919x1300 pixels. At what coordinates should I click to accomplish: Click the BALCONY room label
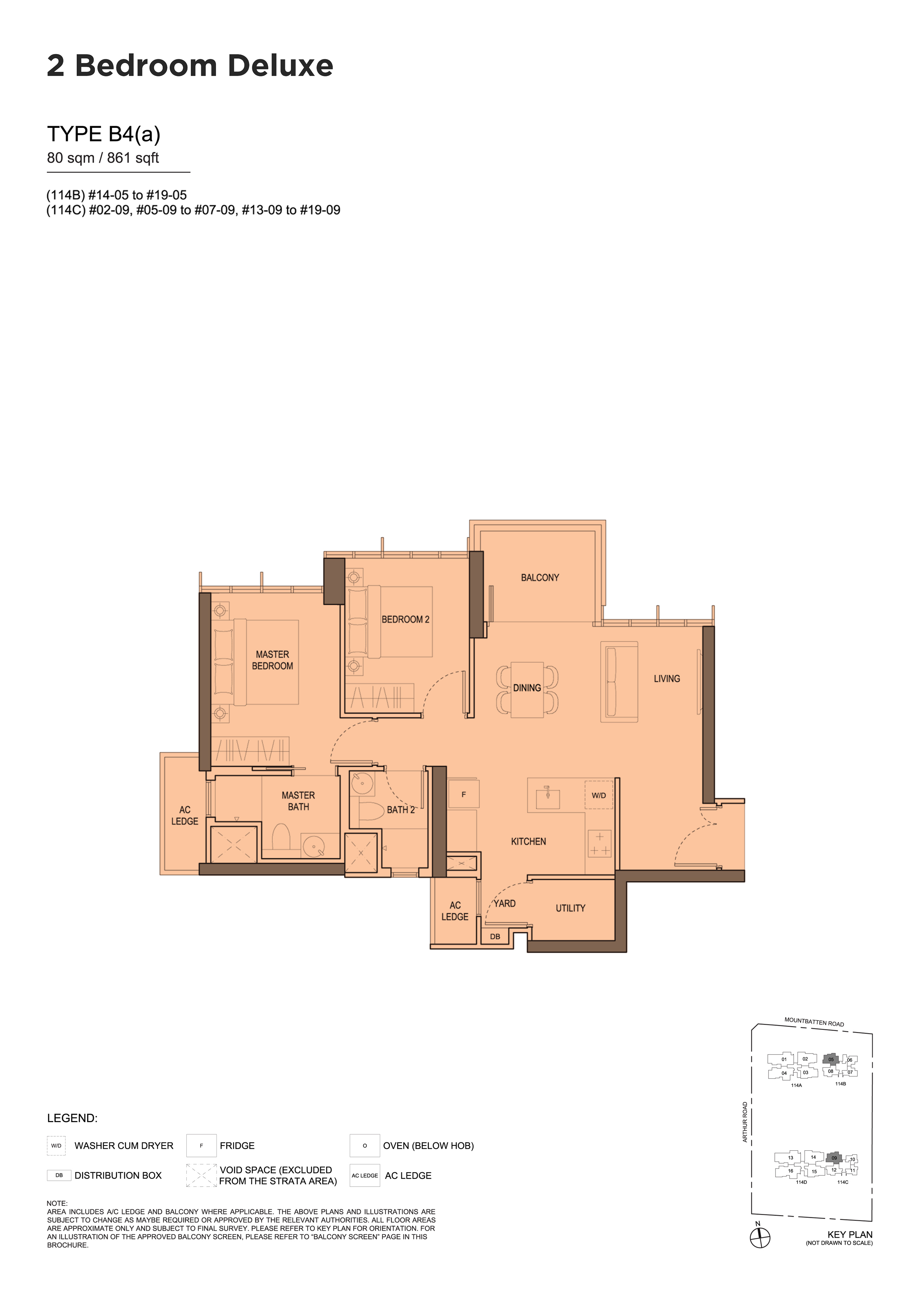pos(540,577)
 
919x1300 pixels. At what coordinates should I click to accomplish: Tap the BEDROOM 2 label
pos(405,619)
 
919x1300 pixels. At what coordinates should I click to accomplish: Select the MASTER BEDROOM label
pos(272,660)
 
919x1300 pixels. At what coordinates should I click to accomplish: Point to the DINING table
pos(527,690)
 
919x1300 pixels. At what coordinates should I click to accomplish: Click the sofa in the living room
pos(620,682)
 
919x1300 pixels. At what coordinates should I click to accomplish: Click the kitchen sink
pos(548,797)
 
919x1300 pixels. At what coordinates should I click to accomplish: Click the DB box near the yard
pos(495,936)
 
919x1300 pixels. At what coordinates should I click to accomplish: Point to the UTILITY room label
pos(570,908)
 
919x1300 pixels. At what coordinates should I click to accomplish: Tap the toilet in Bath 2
pos(371,811)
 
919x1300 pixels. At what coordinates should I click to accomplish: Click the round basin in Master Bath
pos(313,846)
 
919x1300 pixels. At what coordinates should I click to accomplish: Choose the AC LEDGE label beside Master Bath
pos(185,815)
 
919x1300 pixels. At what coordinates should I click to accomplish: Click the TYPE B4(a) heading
pos(104,134)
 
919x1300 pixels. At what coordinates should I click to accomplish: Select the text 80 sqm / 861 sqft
pos(103,158)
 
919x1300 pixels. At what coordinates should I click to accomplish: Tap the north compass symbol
pos(760,1238)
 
